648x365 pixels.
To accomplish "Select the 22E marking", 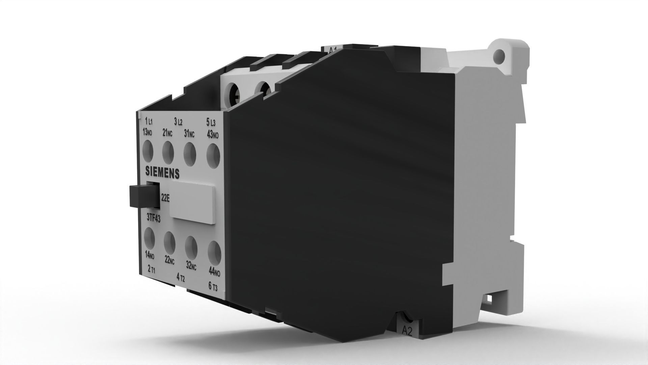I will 165,199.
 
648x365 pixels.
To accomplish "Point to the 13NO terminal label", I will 147,132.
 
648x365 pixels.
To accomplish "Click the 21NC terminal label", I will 167,133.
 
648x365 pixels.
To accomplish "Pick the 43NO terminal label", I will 213,135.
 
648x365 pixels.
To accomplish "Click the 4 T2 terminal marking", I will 181,277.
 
